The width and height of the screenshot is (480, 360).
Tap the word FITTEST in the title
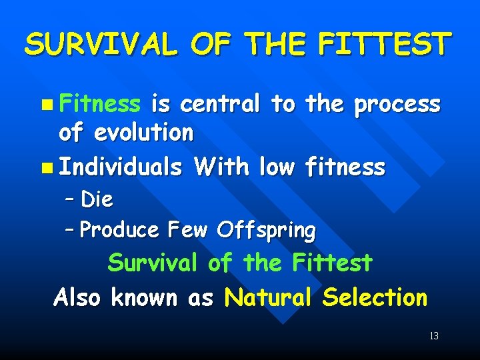385,45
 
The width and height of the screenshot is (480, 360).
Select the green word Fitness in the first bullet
99,104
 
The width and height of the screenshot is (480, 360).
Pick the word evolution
143,133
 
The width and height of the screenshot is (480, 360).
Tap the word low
277,166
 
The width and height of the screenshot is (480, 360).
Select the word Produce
119,230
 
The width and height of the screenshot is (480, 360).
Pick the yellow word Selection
374,297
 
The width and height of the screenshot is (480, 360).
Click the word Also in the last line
77,297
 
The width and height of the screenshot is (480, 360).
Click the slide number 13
434,336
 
